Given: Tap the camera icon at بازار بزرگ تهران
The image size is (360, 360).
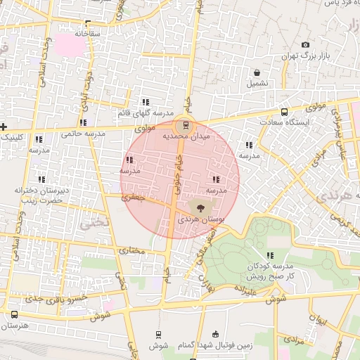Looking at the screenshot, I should tap(305, 45).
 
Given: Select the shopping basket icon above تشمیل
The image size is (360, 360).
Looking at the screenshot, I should tap(257, 72).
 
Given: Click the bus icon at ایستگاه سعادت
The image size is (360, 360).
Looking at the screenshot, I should tap(284, 112).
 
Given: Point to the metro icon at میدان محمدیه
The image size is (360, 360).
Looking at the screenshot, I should tap(186, 126).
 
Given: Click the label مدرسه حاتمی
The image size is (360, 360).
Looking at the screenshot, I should tap(82, 133).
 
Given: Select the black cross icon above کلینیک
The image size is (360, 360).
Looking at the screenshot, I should tap(4, 127).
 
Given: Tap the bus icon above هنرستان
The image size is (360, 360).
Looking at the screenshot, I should tap(14, 314).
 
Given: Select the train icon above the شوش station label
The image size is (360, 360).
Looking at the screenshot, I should tap(158, 335).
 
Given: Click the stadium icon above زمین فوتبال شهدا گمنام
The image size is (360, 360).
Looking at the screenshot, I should tap(214, 333).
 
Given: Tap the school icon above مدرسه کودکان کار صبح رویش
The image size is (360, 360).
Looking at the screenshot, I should tap(269, 255).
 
